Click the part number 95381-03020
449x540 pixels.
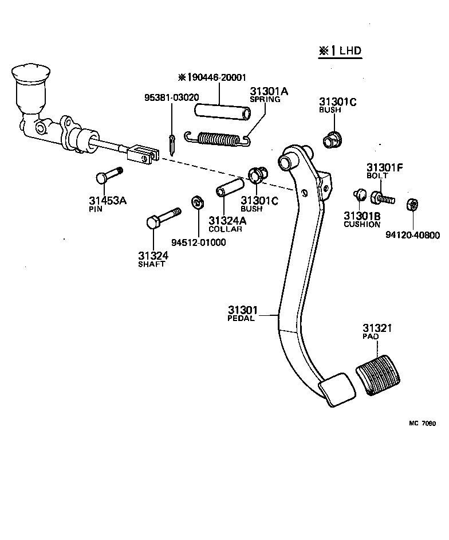point(171,97)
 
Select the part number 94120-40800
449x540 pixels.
point(412,235)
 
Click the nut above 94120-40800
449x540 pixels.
point(412,205)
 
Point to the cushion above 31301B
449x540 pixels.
point(360,195)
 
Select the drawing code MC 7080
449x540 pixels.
point(422,424)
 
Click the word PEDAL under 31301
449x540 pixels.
point(241,319)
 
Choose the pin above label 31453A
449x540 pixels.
point(108,175)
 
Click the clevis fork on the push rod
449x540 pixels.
point(143,154)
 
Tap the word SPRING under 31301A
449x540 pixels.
point(265,99)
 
